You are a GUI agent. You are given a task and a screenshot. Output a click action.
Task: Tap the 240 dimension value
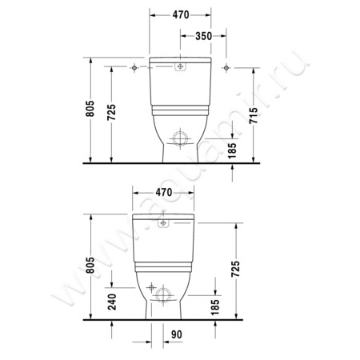[x=114, y=302]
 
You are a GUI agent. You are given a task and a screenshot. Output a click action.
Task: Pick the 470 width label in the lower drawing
[x=163, y=193]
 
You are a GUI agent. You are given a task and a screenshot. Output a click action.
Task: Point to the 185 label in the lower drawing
[x=215, y=307]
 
